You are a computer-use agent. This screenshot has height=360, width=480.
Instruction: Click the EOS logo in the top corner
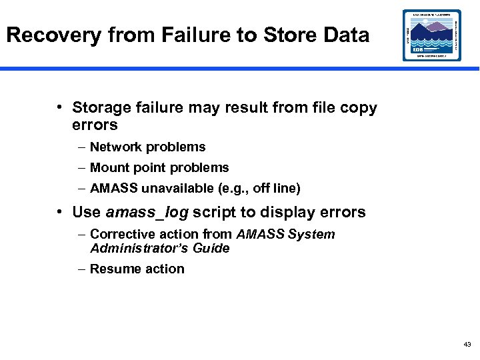[431, 35]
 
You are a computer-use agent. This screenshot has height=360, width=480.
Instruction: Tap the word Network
[117, 147]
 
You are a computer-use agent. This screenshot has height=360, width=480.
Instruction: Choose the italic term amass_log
[147, 213]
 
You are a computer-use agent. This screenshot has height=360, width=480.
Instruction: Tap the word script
[214, 213]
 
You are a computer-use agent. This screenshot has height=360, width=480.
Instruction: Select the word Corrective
[120, 234]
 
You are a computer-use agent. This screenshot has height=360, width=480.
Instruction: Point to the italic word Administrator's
[140, 248]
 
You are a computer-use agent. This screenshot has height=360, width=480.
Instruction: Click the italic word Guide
[211, 248]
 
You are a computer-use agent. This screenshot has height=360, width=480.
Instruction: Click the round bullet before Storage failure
[60, 107]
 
